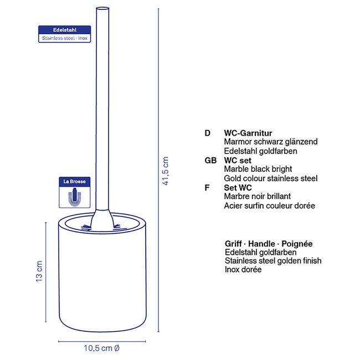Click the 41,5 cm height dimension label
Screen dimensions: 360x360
pos(166,171)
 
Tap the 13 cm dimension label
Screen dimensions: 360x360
pos(39,271)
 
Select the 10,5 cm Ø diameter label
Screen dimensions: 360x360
pos(102,348)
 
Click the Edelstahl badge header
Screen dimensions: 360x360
pos(65,30)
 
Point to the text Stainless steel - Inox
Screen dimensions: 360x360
pos(65,38)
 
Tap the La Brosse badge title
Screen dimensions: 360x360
pos(75,181)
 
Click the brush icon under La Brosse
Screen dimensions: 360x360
pos(75,197)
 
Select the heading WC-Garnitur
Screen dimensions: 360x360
pos(248,133)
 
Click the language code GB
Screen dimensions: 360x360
pos(210,160)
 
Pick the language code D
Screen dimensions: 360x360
pos(208,133)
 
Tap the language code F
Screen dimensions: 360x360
pos(207,188)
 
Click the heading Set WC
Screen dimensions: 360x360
pos(238,188)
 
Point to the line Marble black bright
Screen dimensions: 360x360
pos(258,169)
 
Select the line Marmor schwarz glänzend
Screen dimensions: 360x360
pos(271,142)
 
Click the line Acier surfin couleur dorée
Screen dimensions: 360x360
pos(270,205)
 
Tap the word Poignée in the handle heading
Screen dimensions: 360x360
pos(297,244)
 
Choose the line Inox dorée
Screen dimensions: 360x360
pos(243,269)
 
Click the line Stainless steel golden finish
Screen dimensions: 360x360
pos(273,261)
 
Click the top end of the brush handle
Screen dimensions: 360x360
pos(102,9)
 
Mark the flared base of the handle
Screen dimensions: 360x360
pos(102,219)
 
